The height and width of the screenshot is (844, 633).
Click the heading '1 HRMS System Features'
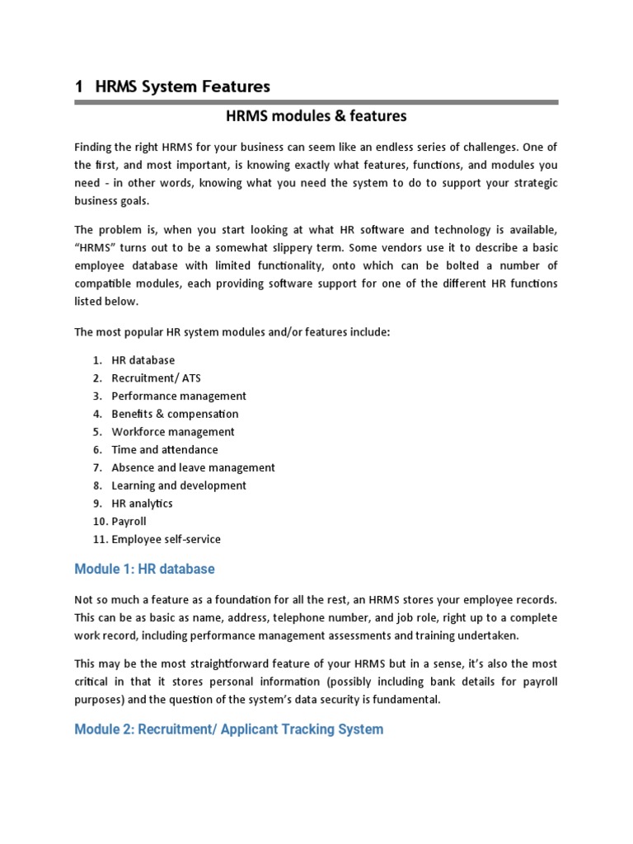coord(172,86)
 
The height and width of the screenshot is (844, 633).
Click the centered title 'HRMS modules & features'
coord(316,116)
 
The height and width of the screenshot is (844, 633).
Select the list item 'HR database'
coord(143,360)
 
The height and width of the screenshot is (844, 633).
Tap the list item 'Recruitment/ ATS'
coord(156,378)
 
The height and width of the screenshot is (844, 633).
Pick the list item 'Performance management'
coord(179,396)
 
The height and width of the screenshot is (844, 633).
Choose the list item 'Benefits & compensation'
coord(175,414)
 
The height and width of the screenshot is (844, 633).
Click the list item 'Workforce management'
coord(173,432)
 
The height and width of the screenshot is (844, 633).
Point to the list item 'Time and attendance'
coord(165,450)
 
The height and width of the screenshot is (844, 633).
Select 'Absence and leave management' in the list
coord(193,467)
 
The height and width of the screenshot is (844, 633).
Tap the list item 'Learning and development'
coord(179,485)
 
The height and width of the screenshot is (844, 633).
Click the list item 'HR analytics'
coord(142,504)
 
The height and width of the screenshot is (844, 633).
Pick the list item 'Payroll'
coord(129,522)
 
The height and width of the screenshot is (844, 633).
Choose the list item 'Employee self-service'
coord(166,540)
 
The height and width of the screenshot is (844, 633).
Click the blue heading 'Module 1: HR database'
coord(144,570)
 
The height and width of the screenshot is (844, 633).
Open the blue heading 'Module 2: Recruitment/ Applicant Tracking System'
coord(228,729)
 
